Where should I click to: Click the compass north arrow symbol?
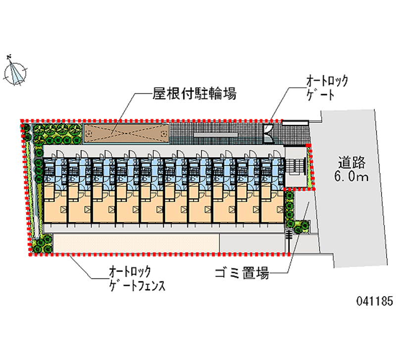click(x=16, y=71)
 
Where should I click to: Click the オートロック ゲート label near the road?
click(x=327, y=87)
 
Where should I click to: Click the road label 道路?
click(x=352, y=161)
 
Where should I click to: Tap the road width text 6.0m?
click(x=352, y=177)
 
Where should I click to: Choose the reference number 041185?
click(x=367, y=301)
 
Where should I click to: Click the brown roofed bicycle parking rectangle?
click(x=126, y=133)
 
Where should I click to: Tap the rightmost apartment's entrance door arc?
click(x=275, y=154)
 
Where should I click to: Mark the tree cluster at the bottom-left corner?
click(x=42, y=245)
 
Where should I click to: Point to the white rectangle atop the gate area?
click(x=296, y=121)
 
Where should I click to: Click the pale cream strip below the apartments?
click(x=136, y=244)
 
